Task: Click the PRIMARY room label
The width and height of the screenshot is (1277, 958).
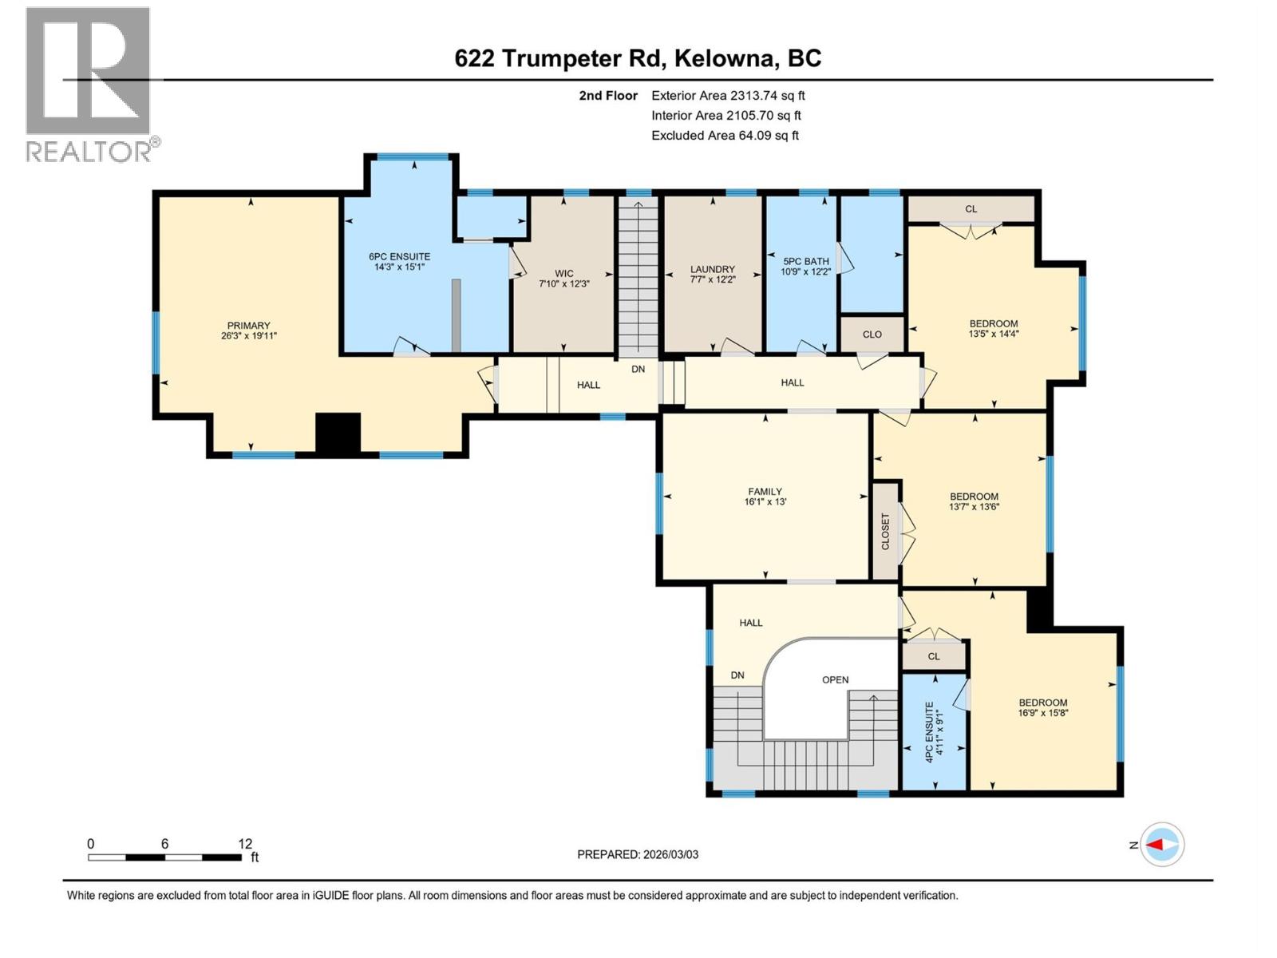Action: (248, 326)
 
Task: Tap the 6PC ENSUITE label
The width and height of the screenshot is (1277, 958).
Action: (399, 256)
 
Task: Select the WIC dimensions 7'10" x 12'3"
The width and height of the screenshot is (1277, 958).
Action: (563, 283)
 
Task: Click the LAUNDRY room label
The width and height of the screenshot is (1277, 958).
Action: (712, 269)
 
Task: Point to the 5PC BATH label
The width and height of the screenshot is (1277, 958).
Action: (805, 261)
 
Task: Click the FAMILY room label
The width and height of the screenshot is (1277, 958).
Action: (765, 492)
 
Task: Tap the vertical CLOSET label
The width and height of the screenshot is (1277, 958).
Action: (884, 531)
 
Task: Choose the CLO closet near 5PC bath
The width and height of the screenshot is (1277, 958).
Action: (872, 334)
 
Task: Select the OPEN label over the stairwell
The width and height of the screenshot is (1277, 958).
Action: (835, 680)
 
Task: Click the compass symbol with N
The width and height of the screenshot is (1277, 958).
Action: (1161, 845)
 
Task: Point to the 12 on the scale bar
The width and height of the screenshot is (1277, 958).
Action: (244, 844)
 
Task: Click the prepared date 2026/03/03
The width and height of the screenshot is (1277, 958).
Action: (637, 854)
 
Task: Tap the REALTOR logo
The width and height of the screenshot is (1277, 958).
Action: (89, 84)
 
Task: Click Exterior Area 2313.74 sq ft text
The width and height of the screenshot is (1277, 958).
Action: (727, 95)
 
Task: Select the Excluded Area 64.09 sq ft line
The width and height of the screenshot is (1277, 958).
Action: (724, 135)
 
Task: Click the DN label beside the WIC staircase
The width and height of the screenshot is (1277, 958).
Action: (638, 369)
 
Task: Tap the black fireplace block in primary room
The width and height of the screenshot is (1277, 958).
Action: (338, 433)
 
